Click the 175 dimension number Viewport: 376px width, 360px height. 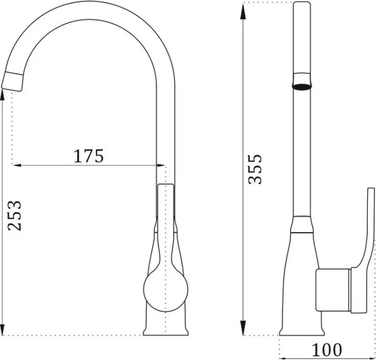88,156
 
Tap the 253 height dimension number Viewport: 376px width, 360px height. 14,216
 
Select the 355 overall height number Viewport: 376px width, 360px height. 255,169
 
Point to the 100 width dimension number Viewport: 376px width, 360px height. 326,350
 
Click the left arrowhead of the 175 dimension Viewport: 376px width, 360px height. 18,165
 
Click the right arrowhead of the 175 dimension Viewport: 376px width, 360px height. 160,165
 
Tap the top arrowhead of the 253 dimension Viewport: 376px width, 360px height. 2,95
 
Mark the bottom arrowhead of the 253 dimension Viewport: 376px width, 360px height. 2,330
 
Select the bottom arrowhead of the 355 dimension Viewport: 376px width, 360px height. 243,328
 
